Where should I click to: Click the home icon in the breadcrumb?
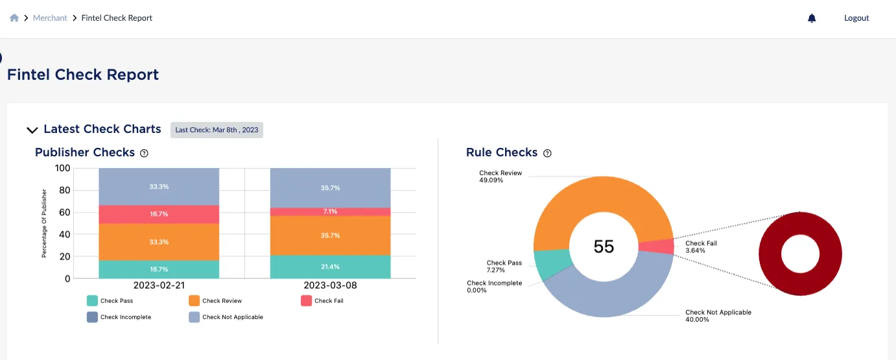[14, 18]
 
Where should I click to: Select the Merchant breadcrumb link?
[50, 18]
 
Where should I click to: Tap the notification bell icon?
[812, 18]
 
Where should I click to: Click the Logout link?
[856, 18]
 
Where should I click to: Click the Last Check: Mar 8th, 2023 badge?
[217, 130]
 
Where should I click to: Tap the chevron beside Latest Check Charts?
[32, 130]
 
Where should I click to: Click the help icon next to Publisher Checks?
[144, 153]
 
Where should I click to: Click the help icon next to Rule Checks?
[547, 153]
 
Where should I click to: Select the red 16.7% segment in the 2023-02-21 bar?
[159, 214]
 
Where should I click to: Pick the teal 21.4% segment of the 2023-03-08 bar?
[330, 267]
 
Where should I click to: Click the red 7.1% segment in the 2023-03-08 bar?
[330, 211]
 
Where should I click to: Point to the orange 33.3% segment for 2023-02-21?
[159, 242]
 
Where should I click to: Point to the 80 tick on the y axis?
[63, 191]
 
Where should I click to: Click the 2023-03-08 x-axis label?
[330, 285]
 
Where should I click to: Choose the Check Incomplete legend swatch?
[93, 317]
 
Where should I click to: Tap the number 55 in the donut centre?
[604, 246]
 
